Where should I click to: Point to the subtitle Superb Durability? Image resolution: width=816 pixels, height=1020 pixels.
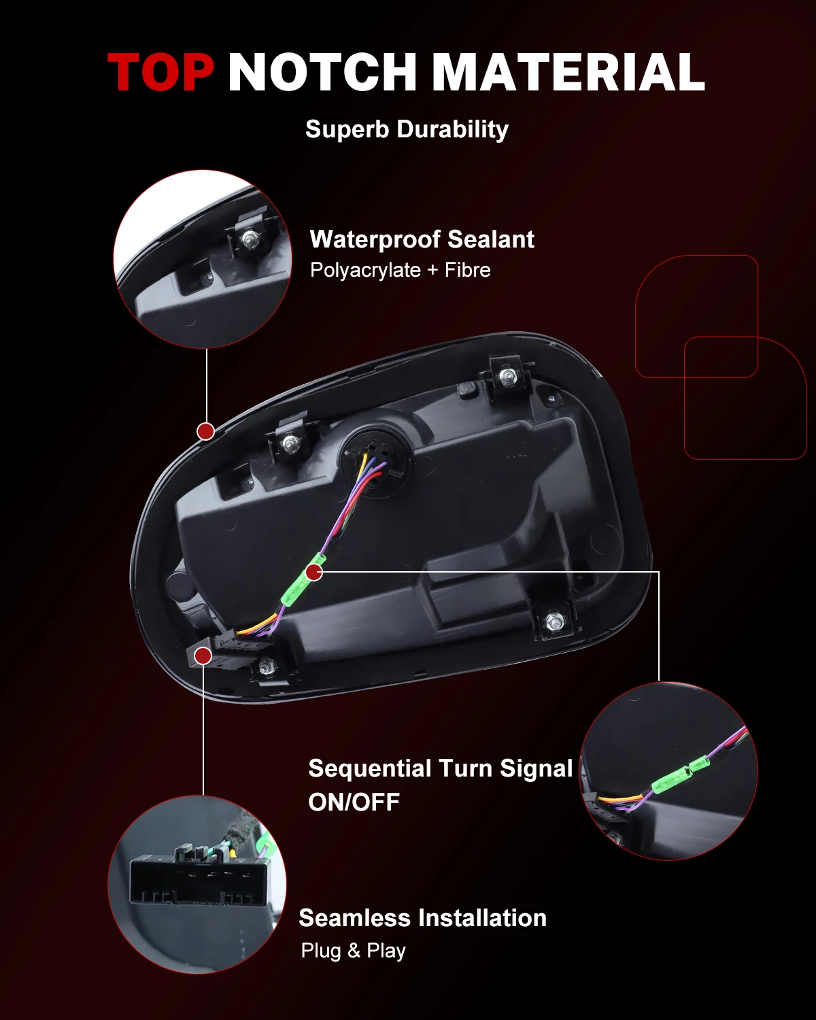(x=407, y=129)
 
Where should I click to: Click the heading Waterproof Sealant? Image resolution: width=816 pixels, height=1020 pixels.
(x=422, y=239)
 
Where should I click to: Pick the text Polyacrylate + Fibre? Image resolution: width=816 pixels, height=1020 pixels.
(x=400, y=270)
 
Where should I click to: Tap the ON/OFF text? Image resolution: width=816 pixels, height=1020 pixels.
(x=354, y=802)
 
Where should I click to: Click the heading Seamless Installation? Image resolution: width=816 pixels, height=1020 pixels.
(x=422, y=918)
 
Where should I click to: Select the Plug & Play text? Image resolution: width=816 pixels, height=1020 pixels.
(x=353, y=951)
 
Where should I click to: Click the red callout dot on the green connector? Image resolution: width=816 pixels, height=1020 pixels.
(x=314, y=573)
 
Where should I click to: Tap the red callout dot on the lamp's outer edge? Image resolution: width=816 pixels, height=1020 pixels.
(x=206, y=431)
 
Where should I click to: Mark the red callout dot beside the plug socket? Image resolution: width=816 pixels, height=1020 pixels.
(x=203, y=656)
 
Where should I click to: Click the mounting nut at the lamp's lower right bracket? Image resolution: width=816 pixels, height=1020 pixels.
(x=554, y=621)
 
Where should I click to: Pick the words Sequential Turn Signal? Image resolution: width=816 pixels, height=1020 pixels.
(x=441, y=768)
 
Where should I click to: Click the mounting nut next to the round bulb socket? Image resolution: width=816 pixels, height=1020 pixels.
(x=289, y=444)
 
